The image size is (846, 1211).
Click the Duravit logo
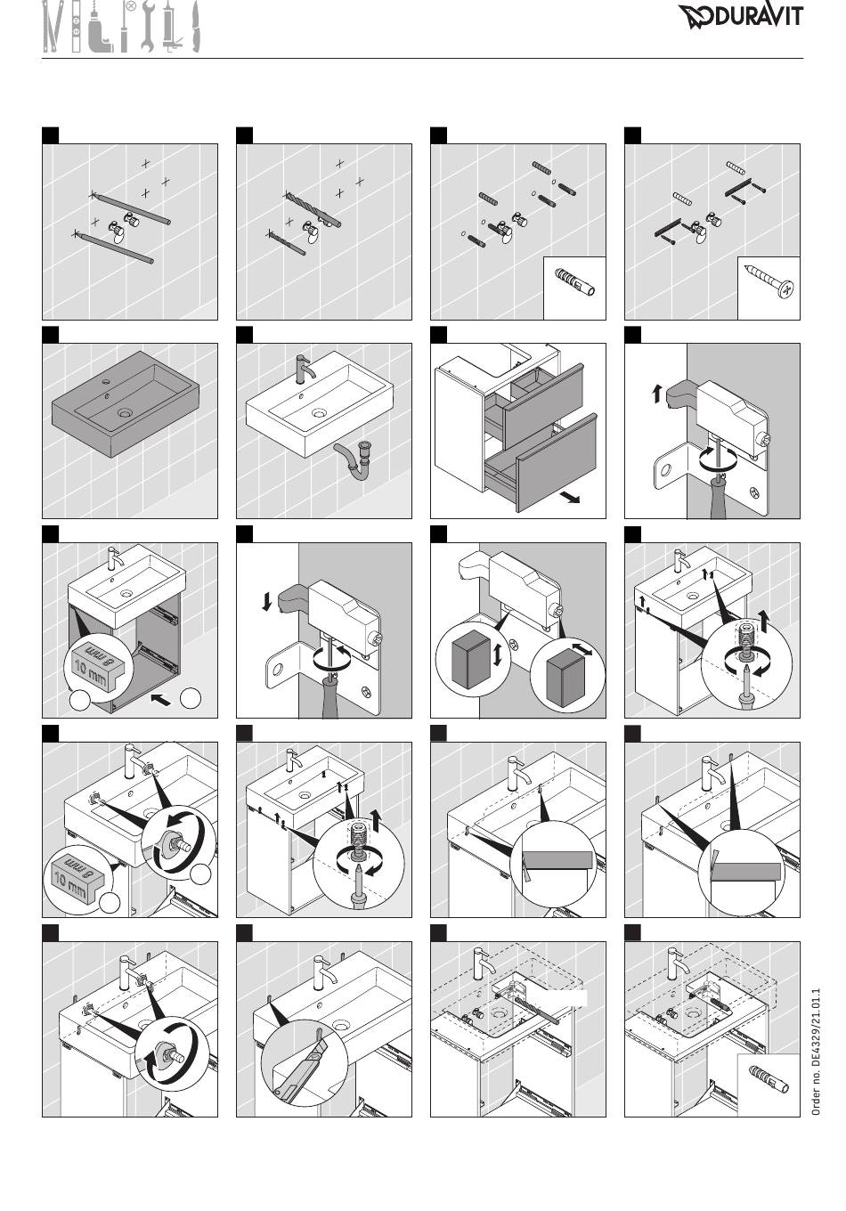click(741, 16)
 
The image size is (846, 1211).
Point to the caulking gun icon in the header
click(173, 28)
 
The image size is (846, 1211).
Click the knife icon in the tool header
click(196, 28)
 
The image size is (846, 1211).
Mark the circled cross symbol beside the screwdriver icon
click(130, 7)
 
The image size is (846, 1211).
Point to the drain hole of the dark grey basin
click(125, 413)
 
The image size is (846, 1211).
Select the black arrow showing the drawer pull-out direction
click(570, 497)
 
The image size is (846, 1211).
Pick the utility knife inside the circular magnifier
click(302, 1074)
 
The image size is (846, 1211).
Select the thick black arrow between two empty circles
click(160, 700)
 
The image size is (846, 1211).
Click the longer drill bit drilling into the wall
click(313, 210)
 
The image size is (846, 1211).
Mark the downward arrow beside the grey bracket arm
click(266, 602)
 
